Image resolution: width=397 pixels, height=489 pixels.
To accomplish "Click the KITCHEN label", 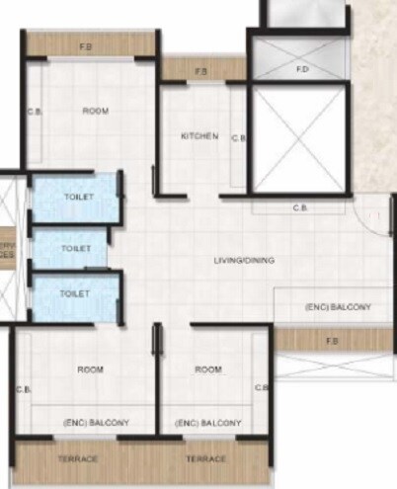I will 199,136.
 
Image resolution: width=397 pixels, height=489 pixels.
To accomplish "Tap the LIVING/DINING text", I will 244,261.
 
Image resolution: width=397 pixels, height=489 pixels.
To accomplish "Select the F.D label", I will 302,70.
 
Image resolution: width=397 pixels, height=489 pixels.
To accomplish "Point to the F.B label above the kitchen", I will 201,71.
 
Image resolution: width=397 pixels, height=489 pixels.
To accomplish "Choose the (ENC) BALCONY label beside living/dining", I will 336,308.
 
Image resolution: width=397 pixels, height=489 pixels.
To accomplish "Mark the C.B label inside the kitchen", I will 238,138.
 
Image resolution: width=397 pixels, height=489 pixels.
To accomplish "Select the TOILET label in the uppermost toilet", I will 79,197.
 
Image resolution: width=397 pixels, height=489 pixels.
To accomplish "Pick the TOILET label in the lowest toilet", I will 75,293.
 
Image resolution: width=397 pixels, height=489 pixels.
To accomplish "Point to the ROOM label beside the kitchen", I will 95,112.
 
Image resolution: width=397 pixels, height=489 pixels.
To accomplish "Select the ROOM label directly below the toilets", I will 90,369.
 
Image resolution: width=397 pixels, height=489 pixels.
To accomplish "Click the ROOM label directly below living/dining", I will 207,369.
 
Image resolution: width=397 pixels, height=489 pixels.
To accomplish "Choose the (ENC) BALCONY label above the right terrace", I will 207,423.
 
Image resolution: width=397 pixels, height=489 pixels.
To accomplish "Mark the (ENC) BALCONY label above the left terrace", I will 94,423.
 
